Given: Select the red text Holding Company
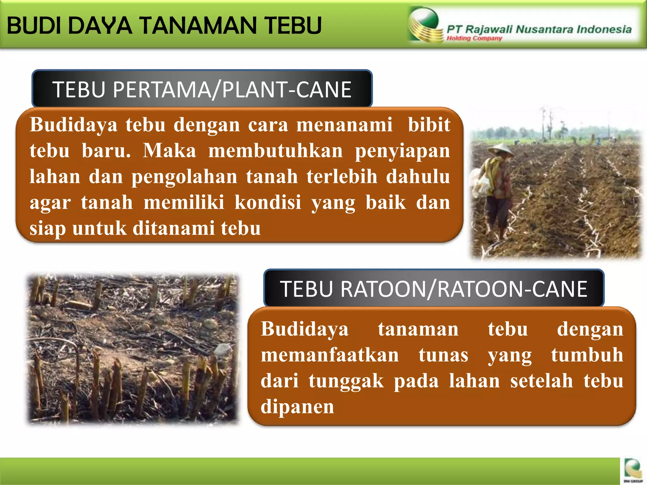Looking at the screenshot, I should (x=474, y=39).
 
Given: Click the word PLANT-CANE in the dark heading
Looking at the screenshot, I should (x=287, y=90).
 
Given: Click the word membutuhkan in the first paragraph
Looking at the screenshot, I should (x=275, y=151).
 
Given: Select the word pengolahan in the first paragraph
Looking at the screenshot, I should (x=184, y=177).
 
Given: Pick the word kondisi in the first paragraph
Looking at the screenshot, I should (x=268, y=202).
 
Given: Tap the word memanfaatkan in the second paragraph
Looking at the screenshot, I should (x=330, y=355).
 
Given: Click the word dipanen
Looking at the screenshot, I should (x=297, y=407).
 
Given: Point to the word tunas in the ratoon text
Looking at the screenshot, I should (x=443, y=355).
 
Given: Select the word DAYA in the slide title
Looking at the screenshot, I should (x=100, y=26).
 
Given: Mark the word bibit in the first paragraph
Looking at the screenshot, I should (x=429, y=125).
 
